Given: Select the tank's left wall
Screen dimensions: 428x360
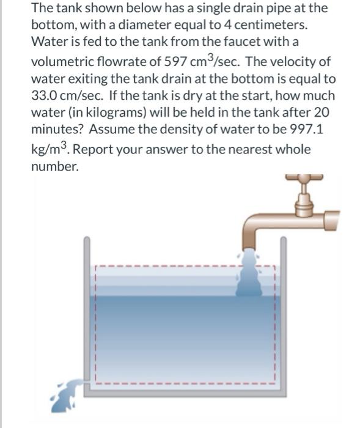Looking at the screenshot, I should coord(87,306).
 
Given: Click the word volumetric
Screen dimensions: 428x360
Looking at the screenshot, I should coord(64,62).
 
